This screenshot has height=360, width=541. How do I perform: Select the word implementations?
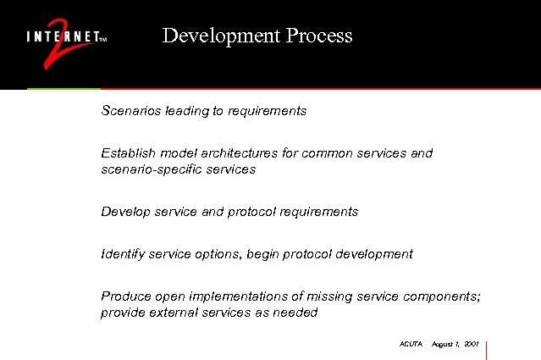click(226, 296)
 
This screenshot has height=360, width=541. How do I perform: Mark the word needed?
click(295, 313)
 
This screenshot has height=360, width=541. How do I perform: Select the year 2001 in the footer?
click(472, 345)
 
